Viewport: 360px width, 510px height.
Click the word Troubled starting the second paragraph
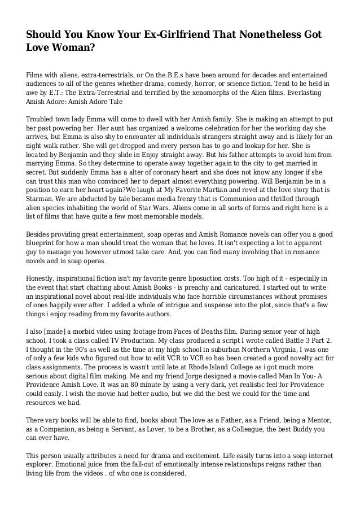point(43,120)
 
